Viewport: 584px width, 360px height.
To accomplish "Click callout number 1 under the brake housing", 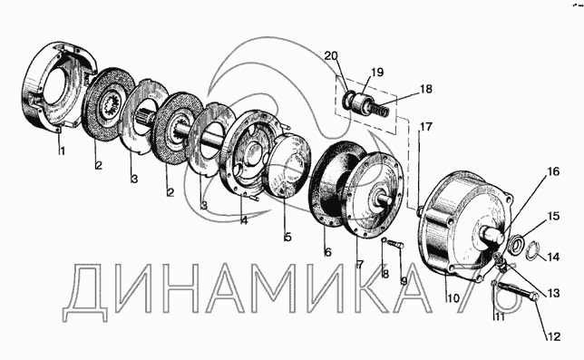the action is click(62, 151).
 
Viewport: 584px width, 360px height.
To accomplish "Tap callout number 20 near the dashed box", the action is click(331, 56).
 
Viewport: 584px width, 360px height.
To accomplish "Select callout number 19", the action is click(377, 72).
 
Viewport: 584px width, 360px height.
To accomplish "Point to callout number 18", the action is click(425, 90).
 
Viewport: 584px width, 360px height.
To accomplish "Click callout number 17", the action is click(425, 127).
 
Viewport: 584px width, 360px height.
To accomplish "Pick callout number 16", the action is click(553, 172).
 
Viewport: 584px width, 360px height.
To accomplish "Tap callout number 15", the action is click(553, 216).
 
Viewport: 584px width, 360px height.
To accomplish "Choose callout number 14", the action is click(553, 257).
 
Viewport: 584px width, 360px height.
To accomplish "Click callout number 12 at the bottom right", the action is click(553, 336).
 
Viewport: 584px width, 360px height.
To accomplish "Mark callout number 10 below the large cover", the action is click(453, 298).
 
